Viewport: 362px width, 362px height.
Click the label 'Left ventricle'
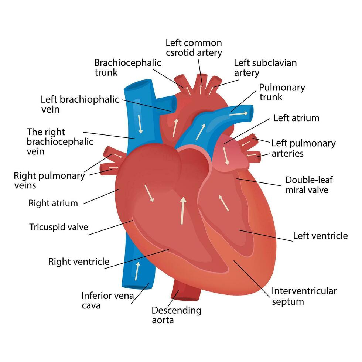(x=320, y=236)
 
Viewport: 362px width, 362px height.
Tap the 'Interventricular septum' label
(x=304, y=296)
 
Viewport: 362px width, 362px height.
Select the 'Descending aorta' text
(x=177, y=315)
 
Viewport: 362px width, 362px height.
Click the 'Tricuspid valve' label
(x=59, y=227)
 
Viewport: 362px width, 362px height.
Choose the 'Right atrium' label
(x=53, y=203)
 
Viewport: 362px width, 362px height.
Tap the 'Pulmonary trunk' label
(x=282, y=92)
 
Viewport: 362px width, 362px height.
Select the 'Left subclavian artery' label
(x=265, y=68)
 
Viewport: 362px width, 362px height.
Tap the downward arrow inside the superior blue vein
(x=140, y=124)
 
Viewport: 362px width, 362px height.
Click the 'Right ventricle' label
(x=79, y=262)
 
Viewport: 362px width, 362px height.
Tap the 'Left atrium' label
(x=296, y=118)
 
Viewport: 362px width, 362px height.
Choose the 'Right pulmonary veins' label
(x=49, y=180)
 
